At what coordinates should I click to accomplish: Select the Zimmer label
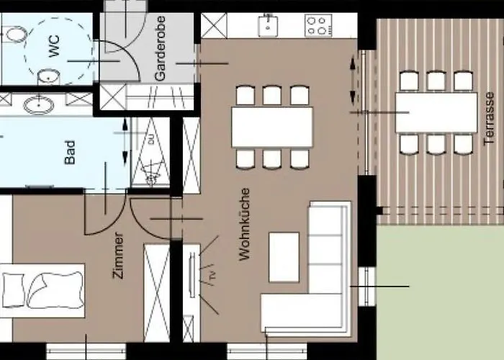point(118,255)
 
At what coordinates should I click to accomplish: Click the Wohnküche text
point(244,224)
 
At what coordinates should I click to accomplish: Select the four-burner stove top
point(317,26)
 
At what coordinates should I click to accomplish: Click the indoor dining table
point(272,127)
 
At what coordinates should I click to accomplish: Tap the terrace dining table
point(436,112)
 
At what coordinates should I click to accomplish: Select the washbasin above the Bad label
point(37,105)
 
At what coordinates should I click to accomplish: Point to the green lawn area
point(439,295)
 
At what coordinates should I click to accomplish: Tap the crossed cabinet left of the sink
point(214,25)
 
